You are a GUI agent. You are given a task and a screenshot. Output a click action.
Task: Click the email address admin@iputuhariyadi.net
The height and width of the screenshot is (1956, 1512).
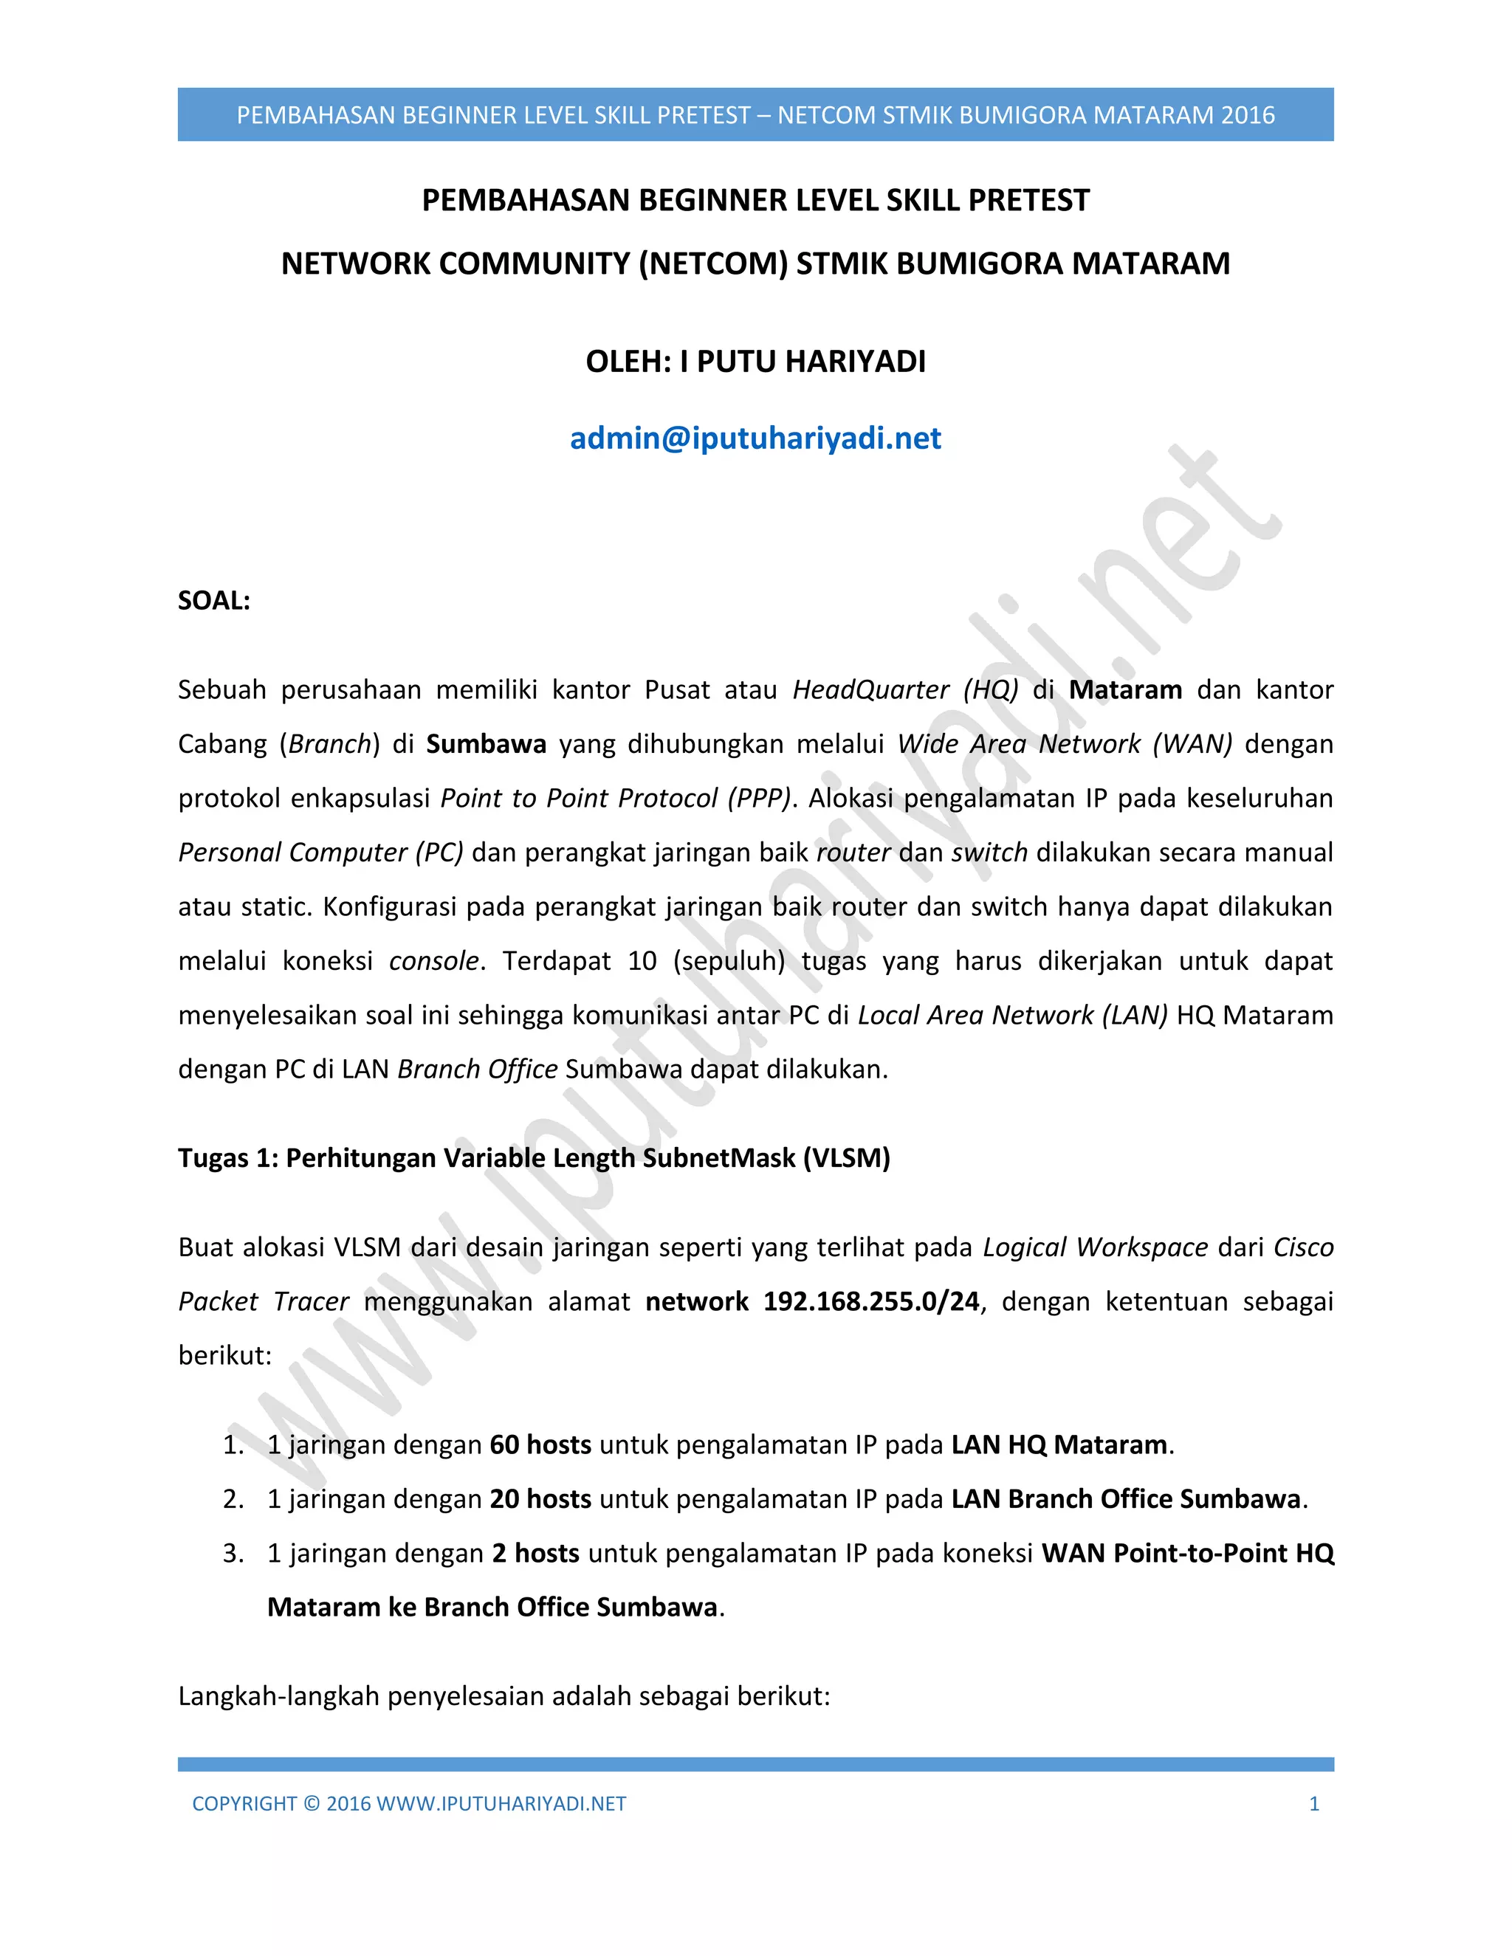click(755, 439)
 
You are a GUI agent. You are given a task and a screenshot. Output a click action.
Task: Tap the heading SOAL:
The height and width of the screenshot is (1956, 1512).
click(214, 601)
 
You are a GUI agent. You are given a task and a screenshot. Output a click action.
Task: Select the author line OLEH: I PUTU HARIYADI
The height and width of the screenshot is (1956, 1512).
click(755, 362)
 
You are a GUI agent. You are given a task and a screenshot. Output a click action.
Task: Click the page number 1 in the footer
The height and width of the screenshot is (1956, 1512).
click(1314, 1804)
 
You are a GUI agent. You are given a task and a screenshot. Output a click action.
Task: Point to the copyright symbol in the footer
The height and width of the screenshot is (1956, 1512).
click(311, 1804)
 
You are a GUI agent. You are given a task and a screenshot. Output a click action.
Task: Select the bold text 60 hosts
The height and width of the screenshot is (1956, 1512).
click(540, 1444)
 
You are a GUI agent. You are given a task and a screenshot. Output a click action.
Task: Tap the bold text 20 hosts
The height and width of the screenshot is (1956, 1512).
click(540, 1499)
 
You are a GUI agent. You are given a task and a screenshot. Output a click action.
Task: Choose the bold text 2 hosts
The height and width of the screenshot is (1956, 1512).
click(536, 1553)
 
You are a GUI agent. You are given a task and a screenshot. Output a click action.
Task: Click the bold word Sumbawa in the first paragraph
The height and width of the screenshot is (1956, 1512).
click(486, 744)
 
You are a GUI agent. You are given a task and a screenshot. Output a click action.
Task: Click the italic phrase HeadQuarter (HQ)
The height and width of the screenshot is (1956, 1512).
click(906, 689)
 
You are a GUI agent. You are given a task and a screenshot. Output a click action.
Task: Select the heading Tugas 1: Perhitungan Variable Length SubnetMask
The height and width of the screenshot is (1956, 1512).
click(534, 1158)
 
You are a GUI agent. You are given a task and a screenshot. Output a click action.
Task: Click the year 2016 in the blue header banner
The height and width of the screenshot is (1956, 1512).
click(1248, 116)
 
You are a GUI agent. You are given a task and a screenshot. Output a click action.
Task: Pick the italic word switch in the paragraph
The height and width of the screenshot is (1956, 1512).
click(989, 853)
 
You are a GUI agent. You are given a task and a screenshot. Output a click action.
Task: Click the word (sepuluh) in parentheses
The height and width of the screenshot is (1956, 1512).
click(729, 961)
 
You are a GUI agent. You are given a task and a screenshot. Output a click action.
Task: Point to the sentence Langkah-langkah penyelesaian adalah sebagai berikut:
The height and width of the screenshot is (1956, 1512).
click(504, 1696)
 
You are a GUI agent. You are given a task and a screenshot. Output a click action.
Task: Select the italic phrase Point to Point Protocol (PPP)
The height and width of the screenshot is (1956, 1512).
click(616, 798)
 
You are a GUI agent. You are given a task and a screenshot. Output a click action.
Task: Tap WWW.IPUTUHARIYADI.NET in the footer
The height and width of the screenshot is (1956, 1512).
click(501, 1804)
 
